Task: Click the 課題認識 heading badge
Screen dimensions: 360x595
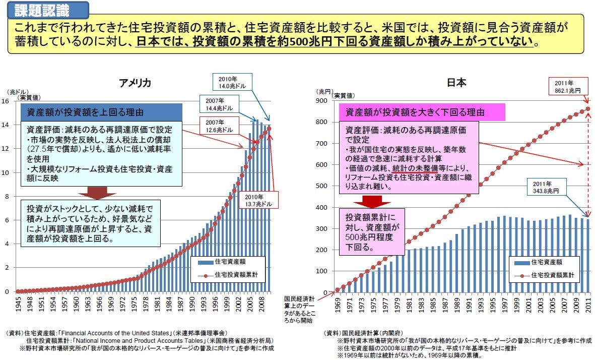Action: (x=48, y=9)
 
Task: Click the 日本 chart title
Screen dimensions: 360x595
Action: (x=457, y=84)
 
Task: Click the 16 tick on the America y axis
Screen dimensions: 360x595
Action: (x=6, y=101)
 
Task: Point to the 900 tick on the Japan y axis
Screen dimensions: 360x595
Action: (x=321, y=101)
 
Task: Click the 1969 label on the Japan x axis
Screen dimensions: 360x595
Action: (x=338, y=305)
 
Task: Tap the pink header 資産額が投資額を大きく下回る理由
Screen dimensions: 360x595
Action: (x=412, y=112)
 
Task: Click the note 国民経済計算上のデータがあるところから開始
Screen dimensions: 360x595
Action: (x=300, y=309)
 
